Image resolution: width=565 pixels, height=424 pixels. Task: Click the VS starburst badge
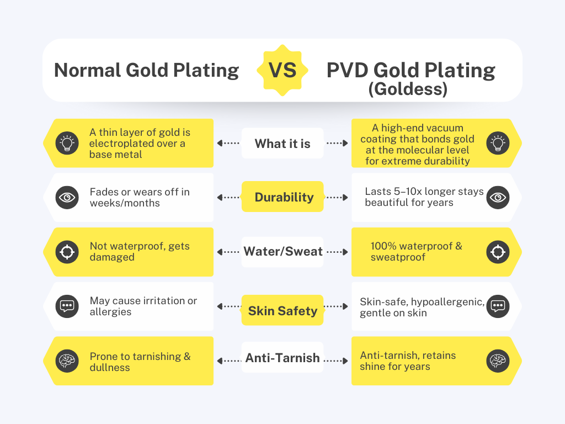[282, 70]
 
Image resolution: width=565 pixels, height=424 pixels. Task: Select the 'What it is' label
[282, 143]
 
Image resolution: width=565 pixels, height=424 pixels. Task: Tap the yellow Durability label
[282, 197]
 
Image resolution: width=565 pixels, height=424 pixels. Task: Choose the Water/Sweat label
[282, 251]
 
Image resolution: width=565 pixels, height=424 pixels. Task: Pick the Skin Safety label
[282, 310]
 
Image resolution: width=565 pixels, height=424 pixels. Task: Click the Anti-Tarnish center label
[282, 358]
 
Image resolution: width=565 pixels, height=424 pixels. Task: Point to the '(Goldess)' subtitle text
[408, 89]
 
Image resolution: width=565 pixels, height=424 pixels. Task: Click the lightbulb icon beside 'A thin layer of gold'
[67, 143]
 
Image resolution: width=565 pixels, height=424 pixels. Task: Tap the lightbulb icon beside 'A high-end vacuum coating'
[498, 143]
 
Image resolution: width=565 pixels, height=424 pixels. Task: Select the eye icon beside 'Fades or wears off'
[67, 198]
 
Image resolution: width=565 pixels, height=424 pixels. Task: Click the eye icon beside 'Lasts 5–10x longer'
[498, 198]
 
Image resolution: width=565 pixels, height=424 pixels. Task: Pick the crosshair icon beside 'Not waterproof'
[67, 252]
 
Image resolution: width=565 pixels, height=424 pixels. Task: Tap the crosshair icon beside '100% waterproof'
[498, 252]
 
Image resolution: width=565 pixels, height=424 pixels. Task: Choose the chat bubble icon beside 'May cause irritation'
[67, 306]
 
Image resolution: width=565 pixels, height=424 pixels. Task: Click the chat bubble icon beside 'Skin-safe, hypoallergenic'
[498, 306]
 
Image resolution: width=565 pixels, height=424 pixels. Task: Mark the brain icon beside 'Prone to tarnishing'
[67, 361]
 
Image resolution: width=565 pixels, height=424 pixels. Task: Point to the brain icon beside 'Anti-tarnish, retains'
[498, 361]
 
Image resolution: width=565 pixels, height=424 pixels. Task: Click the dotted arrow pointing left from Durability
[228, 198]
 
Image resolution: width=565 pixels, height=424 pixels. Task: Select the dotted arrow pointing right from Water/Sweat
[337, 252]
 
